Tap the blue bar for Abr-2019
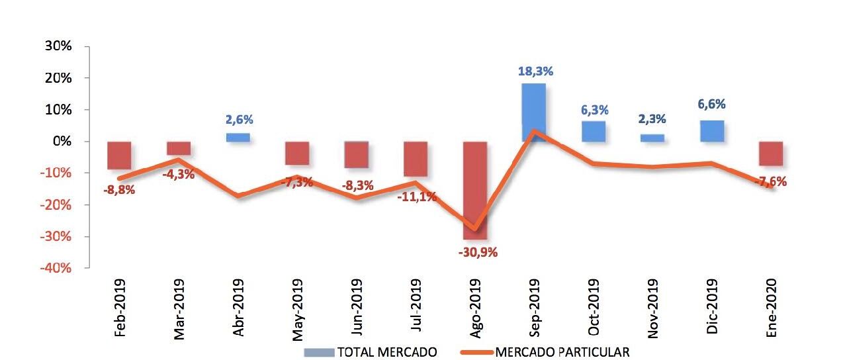tap(238, 138)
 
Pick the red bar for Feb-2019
tap(120, 155)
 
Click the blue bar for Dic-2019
tap(711, 131)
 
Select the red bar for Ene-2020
tap(771, 153)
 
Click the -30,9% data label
tap(475, 252)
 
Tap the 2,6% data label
tap(238, 120)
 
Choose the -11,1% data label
tap(417, 197)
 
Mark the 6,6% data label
tap(711, 104)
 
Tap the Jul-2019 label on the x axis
tap(417, 308)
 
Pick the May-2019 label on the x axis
tap(298, 308)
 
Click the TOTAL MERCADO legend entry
tap(371, 351)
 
